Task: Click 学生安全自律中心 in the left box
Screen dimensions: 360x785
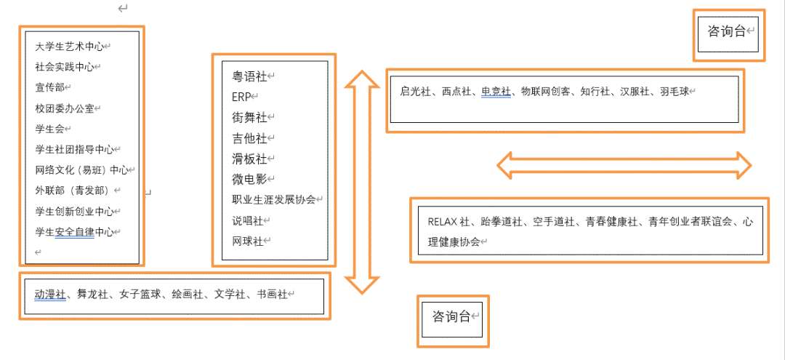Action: click(x=74, y=232)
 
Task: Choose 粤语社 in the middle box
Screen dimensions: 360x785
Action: click(x=250, y=76)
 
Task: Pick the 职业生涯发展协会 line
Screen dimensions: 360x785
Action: click(x=273, y=199)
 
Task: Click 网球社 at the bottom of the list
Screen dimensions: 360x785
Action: click(x=247, y=241)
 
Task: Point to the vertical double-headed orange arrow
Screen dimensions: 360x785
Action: click(x=361, y=182)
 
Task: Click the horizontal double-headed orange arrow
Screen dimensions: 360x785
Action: click(x=624, y=165)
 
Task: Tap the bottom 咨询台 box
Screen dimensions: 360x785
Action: click(x=451, y=317)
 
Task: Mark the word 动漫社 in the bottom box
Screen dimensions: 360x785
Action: click(x=50, y=295)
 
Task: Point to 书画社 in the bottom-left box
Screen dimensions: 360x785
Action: click(x=272, y=295)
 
